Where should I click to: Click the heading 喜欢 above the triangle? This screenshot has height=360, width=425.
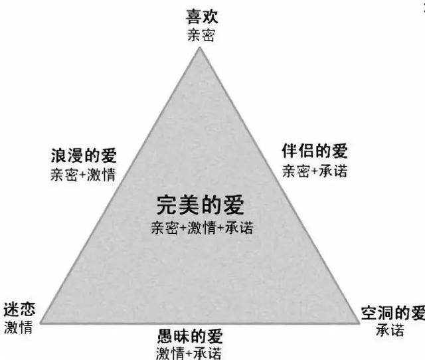(x=202, y=17)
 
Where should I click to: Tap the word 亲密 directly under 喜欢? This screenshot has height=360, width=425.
(x=201, y=35)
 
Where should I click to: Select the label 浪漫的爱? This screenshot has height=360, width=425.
(x=84, y=155)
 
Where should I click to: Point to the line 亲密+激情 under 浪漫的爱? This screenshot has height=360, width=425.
(x=83, y=174)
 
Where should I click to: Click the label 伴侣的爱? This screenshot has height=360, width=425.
(x=315, y=151)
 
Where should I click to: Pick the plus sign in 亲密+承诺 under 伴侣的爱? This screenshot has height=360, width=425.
(x=314, y=171)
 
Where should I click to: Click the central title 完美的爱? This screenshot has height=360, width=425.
(x=201, y=205)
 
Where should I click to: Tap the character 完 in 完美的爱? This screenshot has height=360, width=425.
(x=167, y=205)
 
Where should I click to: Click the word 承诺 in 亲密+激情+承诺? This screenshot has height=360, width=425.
(x=240, y=227)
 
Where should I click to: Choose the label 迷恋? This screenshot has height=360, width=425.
(x=19, y=310)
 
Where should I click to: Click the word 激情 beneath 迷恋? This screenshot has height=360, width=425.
(x=19, y=327)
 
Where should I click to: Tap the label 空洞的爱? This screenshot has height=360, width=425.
(x=393, y=313)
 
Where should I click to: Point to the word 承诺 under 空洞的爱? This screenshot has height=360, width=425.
(x=390, y=331)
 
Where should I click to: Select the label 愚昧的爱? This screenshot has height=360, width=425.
(x=191, y=336)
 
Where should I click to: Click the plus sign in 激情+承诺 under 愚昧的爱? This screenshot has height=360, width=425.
(x=189, y=353)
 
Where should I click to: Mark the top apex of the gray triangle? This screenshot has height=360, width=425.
(x=200, y=47)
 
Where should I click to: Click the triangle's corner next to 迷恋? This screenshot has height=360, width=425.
(x=41, y=323)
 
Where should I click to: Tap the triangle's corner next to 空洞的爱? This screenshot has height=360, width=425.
(x=359, y=323)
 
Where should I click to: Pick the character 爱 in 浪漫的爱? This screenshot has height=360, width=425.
(x=109, y=155)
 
